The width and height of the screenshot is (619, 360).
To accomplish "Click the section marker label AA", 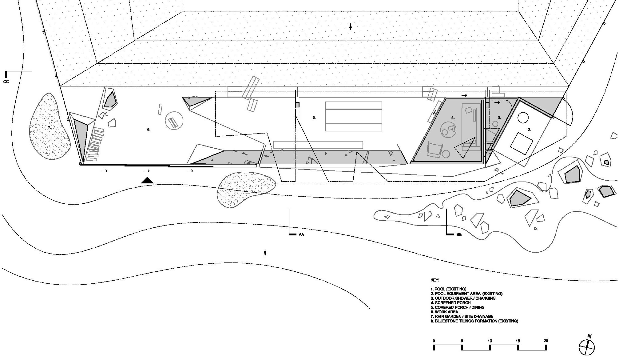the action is coord(301,234).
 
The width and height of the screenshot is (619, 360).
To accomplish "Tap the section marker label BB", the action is coord(459,234).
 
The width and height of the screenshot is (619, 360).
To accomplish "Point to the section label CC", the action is coord(6,82).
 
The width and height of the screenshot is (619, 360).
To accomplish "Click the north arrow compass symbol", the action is coord(587,346).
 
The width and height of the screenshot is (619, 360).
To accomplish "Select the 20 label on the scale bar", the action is coord(546,341).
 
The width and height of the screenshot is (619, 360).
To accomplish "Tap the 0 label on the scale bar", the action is coord(434,341).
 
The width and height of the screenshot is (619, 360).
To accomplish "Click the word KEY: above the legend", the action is coord(435,280).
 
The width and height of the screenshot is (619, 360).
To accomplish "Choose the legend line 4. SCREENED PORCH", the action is coord(450,303).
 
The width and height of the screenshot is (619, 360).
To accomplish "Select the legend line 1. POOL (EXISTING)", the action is coord(448,289).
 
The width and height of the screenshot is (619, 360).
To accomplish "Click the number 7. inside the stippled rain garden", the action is coord(49,127).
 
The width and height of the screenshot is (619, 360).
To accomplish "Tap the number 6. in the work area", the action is coord(149,130).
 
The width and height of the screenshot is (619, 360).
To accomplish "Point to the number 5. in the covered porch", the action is coord(314,118).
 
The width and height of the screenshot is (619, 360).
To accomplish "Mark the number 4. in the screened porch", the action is coord(453,118).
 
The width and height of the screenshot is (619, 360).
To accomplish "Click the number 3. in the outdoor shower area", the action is coord(499,118).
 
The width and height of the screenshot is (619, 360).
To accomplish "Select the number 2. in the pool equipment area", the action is coord(529,130).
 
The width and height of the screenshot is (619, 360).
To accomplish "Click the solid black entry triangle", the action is coord(147,180).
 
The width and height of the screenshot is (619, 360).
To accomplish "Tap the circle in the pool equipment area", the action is coord(523,118).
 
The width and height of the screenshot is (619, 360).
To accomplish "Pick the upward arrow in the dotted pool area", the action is coord(351,27).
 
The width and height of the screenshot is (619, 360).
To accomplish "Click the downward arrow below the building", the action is coord(265,253).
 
